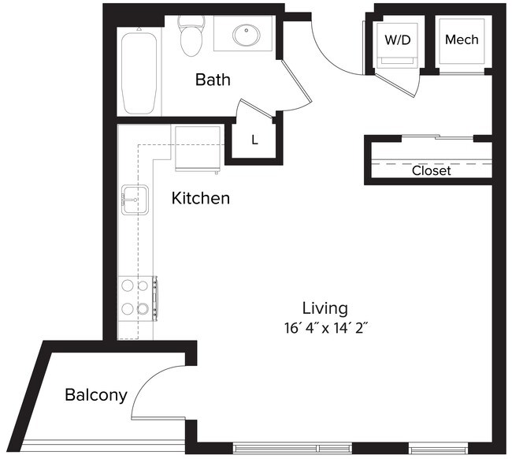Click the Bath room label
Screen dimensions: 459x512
[212, 79]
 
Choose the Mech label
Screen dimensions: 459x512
[461, 39]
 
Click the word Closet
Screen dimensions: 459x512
[431, 170]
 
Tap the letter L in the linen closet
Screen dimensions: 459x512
[254, 140]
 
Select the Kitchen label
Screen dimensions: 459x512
[201, 198]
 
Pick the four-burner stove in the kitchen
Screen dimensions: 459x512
[135, 297]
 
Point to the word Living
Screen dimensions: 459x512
[325, 308]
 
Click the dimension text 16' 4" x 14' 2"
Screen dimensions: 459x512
[325, 327]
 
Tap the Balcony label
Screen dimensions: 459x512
[95, 394]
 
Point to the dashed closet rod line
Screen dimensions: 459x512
[429, 162]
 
